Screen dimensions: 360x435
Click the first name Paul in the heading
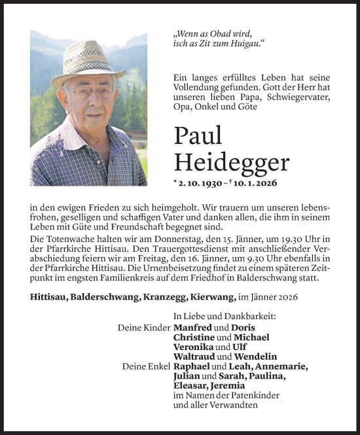(x=198, y=135)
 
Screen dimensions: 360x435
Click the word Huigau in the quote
(x=244, y=43)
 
